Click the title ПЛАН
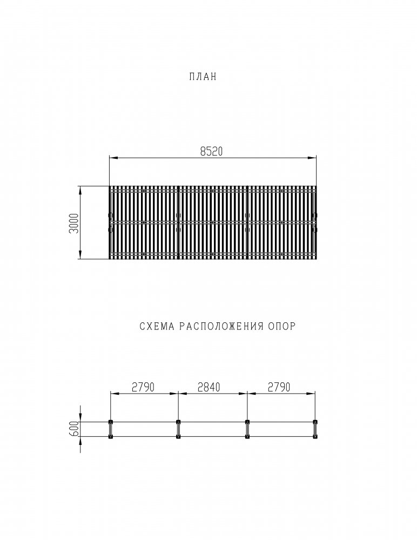click(203, 77)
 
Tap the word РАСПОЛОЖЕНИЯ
click(221, 326)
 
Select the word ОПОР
click(282, 326)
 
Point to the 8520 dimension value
click(212, 152)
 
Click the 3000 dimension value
click(74, 223)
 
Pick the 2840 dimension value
click(209, 387)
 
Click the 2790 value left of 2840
click(143, 387)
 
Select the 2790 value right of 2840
click(279, 387)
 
